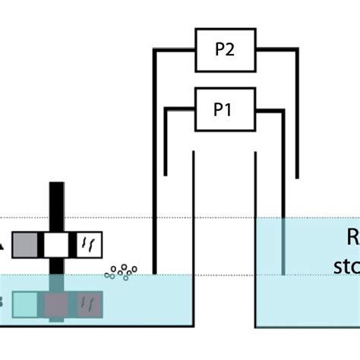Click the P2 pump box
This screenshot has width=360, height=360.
226,50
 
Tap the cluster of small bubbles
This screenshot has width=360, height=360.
121,271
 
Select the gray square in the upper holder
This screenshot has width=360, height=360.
25,245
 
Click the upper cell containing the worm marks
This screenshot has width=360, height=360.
89,245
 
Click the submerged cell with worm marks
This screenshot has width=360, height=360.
89,304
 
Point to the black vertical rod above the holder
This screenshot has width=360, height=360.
57,205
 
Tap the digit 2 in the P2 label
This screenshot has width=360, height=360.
232,50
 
